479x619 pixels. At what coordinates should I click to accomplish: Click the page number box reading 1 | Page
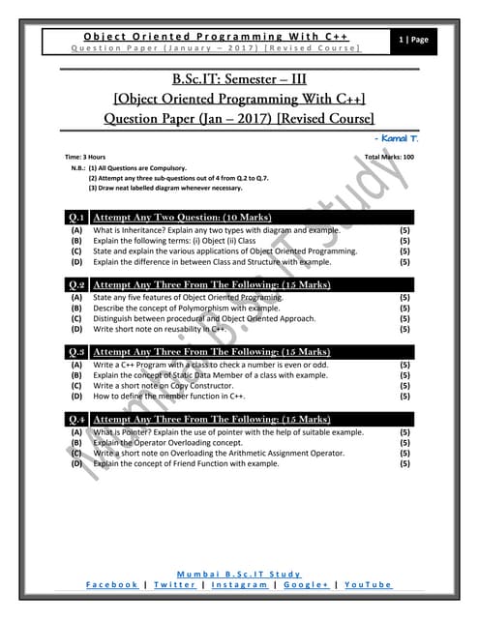coord(418,40)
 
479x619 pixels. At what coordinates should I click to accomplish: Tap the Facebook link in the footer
coord(111,585)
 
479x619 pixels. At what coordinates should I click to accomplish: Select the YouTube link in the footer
coord(369,585)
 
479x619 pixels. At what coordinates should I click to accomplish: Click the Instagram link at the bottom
coord(242,585)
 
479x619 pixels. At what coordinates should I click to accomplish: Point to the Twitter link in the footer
coord(175,585)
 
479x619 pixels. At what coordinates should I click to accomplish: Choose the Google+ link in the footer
coord(308,585)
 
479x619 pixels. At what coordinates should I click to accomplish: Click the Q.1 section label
coord(77,217)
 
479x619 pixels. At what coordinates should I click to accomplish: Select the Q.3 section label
coord(77,352)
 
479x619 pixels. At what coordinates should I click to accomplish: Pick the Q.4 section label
coord(77,419)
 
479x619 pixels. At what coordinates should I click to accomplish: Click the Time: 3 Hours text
coord(85,157)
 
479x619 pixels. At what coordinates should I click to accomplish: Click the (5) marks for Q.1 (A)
coord(404,231)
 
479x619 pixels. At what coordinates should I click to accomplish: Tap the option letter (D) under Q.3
coord(75,396)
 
